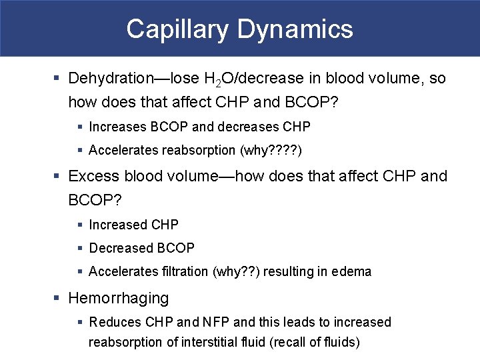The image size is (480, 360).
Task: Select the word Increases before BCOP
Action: pos(116,126)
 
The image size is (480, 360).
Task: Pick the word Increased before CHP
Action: pos(118,225)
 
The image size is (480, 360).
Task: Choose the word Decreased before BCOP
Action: pos(121,248)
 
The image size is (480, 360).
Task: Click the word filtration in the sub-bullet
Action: pos(181,271)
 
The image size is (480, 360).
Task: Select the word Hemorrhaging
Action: pos(119,297)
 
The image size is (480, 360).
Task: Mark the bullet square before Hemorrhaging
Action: pos(58,298)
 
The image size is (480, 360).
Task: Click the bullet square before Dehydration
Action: pos(58,79)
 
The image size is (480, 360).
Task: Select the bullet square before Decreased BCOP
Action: pos(79,249)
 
